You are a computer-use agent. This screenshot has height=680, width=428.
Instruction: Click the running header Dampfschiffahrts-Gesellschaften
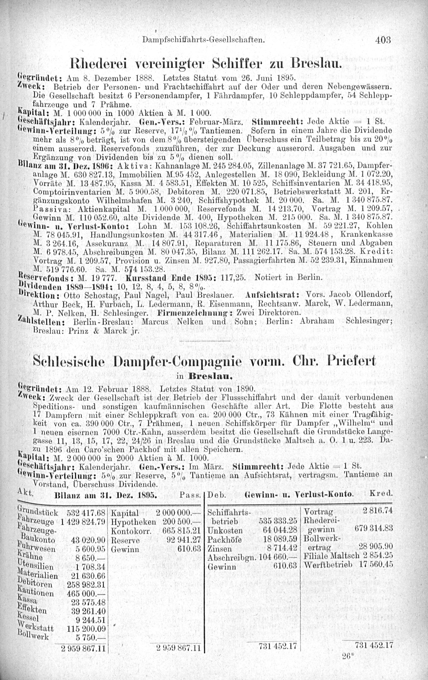point(204,40)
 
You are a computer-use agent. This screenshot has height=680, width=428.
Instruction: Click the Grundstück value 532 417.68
point(86,512)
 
